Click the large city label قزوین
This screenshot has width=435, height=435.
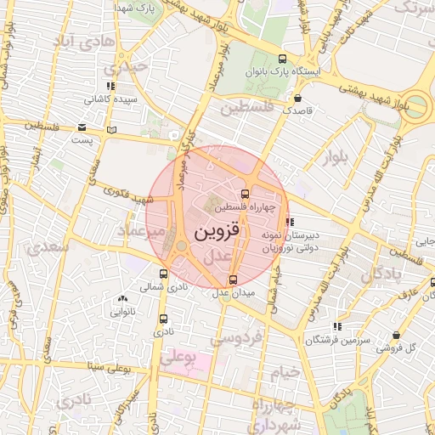tap(218, 232)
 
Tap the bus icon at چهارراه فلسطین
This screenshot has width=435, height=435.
tap(246, 195)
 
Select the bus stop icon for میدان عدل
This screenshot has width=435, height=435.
tap(233, 280)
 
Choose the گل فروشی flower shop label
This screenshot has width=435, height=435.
tap(398, 347)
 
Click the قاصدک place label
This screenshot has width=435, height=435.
tap(298, 110)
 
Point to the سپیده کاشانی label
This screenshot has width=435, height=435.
tap(122, 99)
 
